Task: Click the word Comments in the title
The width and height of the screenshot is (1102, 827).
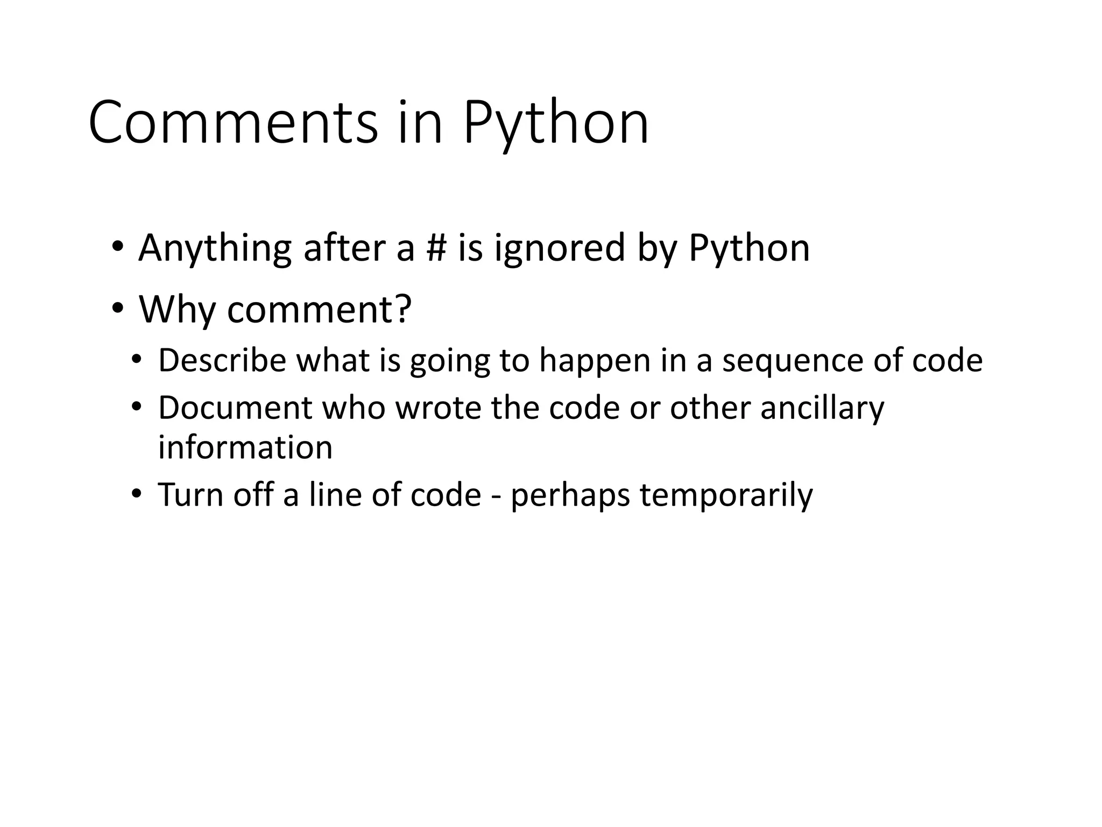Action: click(x=233, y=123)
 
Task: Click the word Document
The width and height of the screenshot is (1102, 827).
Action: click(x=235, y=408)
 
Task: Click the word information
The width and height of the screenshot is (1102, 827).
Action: click(x=245, y=447)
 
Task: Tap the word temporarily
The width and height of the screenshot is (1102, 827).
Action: click(x=726, y=496)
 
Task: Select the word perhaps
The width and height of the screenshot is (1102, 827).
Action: click(x=570, y=496)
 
